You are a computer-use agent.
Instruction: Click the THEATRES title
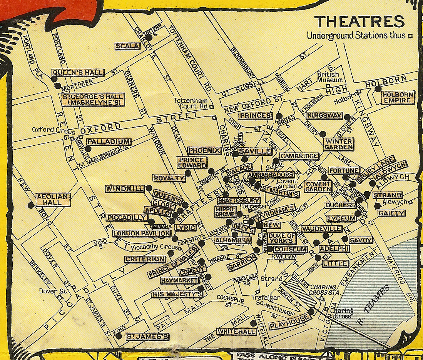tap(359, 22)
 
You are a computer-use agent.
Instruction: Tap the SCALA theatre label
tap(127, 46)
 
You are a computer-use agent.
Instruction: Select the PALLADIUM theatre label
tap(109, 142)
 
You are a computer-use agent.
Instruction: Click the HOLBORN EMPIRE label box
tap(398, 97)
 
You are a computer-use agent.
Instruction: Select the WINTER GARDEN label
tap(338, 144)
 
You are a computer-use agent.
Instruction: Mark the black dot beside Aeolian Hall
tap(31, 205)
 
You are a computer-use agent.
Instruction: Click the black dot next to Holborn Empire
tap(378, 89)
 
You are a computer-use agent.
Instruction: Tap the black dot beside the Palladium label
tap(88, 149)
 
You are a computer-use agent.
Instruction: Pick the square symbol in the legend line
tap(410, 36)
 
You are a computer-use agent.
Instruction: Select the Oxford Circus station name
tap(50, 130)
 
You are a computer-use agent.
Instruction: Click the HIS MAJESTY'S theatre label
tap(177, 295)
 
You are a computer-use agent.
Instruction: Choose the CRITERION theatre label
tap(145, 259)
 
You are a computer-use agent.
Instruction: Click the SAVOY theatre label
tap(361, 240)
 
